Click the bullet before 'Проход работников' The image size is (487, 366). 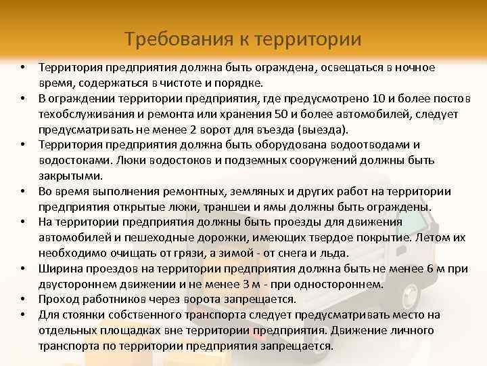22,299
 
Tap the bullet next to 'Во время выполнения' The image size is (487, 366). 22,191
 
